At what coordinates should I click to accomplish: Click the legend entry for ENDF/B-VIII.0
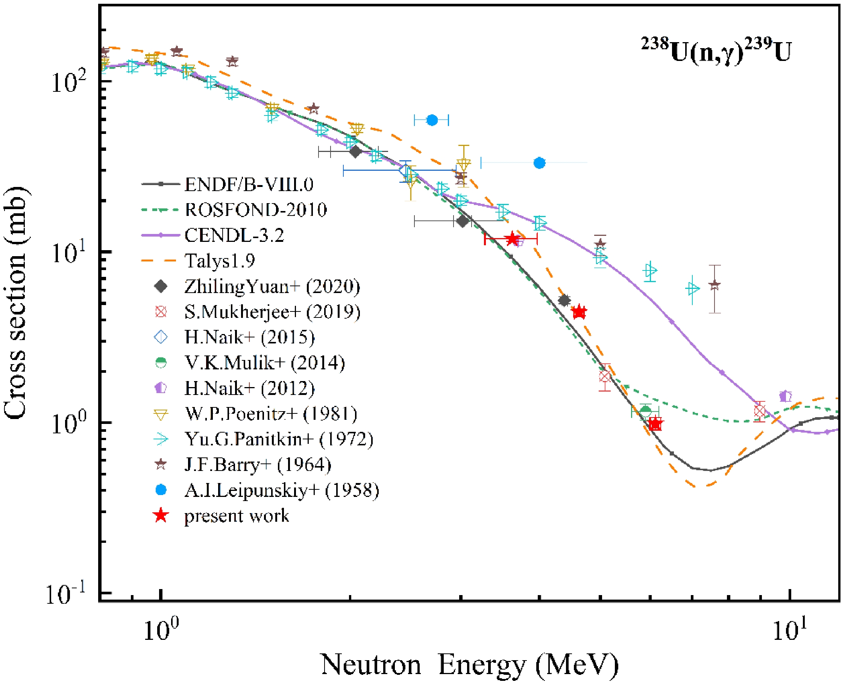[249, 184]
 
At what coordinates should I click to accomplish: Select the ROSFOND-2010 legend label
[256, 210]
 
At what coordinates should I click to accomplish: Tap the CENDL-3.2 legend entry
[234, 235]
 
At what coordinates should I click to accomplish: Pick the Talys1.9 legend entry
[220, 260]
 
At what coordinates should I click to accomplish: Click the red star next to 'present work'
[161, 516]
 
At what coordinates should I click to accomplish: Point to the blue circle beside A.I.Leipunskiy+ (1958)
[161, 490]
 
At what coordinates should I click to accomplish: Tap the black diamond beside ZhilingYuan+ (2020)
[161, 286]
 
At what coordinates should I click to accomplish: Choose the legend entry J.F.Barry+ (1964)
[258, 465]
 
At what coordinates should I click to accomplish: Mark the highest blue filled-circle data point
[432, 120]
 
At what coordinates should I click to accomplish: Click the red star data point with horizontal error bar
[512, 239]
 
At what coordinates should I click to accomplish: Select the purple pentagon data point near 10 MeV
[785, 396]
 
